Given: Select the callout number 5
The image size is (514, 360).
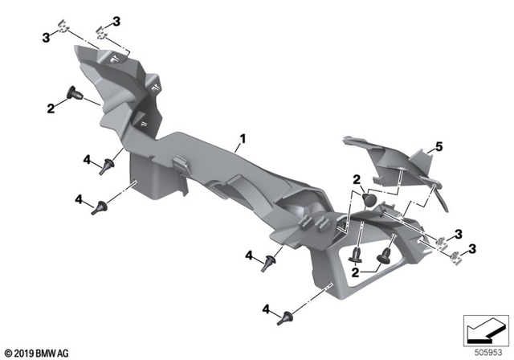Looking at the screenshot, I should pyautogui.click(x=439, y=146).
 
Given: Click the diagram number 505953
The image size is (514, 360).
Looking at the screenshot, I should pyautogui.click(x=487, y=350).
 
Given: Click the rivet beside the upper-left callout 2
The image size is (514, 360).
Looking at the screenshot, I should pyautogui.click(x=75, y=94).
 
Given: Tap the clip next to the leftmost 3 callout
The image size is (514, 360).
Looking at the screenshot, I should pyautogui.click(x=68, y=33).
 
